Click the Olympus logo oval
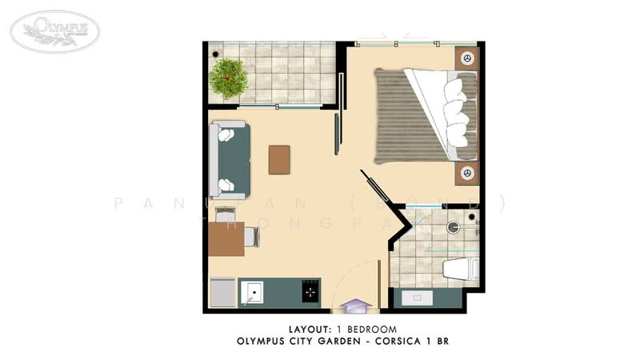tap(55, 30)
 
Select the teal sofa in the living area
tap(230, 160)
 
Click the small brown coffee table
tap(279, 159)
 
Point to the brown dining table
tap(226, 238)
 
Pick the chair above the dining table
tap(226, 214)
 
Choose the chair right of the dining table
tap(251, 237)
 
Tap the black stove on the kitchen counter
tap(310, 292)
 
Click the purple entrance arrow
tap(354, 306)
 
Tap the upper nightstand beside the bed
tap(467, 58)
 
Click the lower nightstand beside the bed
tap(467, 173)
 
